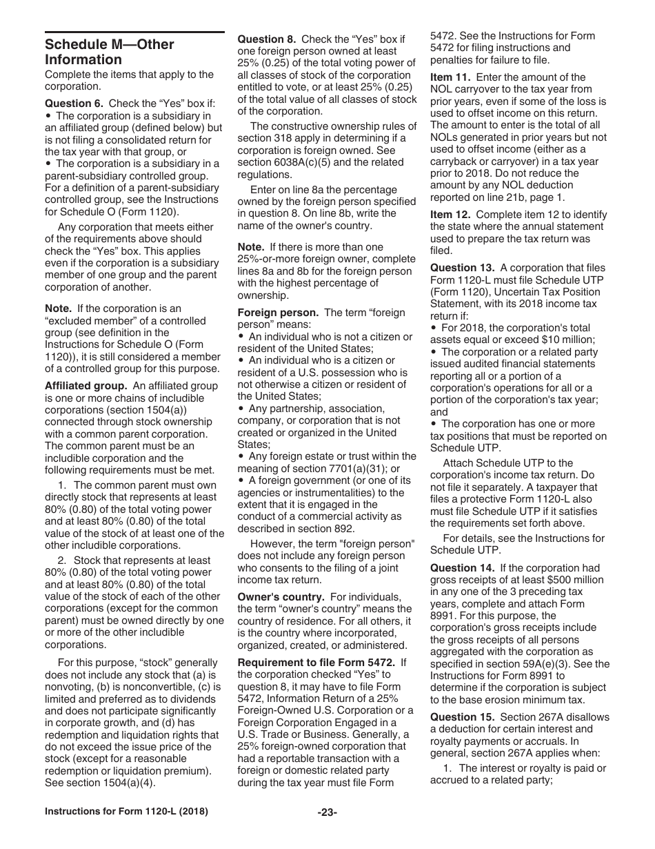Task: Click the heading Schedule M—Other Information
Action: tap(109, 52)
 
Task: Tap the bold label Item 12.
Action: tap(450, 215)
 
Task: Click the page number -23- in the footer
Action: tap(327, 813)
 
